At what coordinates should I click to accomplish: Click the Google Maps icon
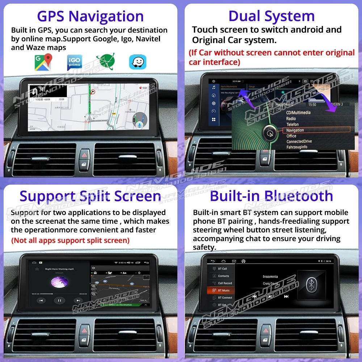click(43, 62)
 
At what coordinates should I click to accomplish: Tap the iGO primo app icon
click(75, 62)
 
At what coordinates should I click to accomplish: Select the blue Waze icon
click(138, 62)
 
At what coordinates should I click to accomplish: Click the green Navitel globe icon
click(105, 62)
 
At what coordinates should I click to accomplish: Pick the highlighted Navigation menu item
click(295, 130)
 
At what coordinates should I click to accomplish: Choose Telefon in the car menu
click(292, 124)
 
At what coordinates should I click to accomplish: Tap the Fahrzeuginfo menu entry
click(297, 147)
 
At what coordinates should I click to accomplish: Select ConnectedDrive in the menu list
click(299, 142)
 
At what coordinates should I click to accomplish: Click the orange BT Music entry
click(221, 290)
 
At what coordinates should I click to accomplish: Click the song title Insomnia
click(270, 277)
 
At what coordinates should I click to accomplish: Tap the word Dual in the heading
click(246, 17)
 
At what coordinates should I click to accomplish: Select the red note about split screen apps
click(70, 240)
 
